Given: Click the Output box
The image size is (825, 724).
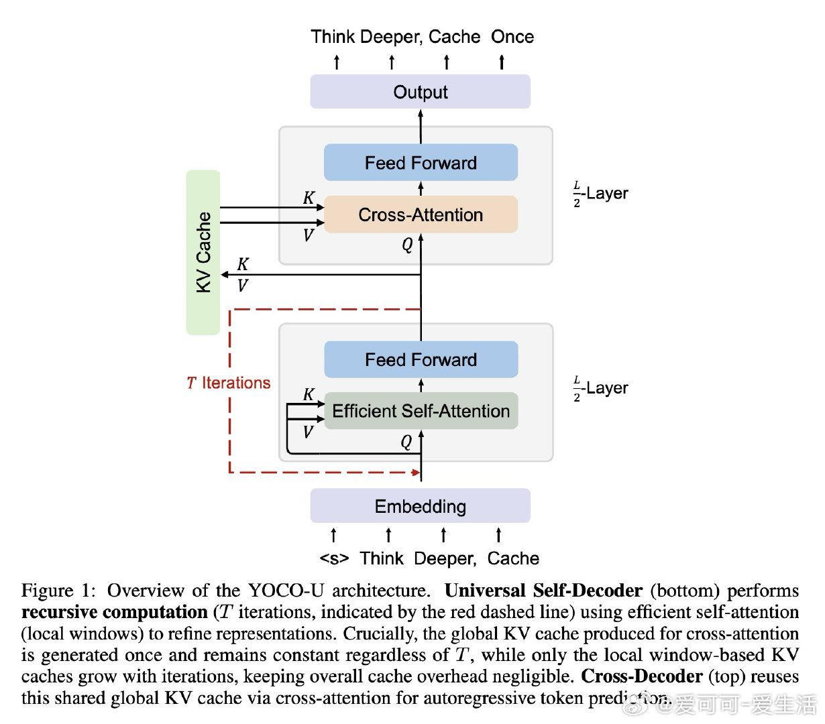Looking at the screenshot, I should tap(420, 92).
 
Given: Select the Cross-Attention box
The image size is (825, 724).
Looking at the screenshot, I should tap(421, 215).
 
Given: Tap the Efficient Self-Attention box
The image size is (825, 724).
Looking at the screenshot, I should tap(421, 411).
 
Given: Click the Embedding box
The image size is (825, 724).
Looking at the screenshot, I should tap(420, 506).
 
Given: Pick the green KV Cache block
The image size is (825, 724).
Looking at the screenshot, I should tap(203, 252).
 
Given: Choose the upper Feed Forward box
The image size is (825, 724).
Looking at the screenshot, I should tap(421, 163).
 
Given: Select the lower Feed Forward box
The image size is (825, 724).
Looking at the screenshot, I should tap(421, 360).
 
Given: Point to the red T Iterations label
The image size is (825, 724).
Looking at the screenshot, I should tap(229, 383).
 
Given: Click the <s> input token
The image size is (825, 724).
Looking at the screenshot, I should tap(334, 558).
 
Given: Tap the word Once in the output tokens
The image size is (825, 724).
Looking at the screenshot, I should tap(512, 37).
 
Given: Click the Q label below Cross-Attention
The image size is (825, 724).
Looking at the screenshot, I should tap(407, 245).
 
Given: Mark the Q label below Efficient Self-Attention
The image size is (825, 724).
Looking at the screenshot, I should tap(406, 442).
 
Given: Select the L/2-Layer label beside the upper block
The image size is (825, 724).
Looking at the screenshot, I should tap(601, 194).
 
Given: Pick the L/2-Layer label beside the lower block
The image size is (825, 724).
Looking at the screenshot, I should tap(601, 389).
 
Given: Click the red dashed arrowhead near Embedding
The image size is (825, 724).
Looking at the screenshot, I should tap(416, 473).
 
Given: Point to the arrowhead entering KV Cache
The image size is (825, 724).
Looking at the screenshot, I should tap(225, 275).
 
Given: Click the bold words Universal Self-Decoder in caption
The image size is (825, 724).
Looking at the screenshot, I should tap(543, 591).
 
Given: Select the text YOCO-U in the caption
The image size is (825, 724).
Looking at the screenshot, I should tap(286, 591).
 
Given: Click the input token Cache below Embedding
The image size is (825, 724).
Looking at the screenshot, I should tap(513, 558).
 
